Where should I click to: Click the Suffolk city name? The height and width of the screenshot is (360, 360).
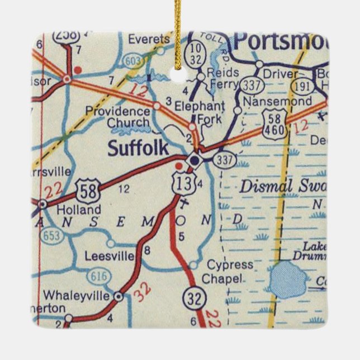click(138, 148)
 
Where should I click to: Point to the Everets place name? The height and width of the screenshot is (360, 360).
click(149, 39)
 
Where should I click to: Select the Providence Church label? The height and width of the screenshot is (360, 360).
click(117, 117)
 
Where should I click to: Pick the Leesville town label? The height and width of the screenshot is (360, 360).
click(110, 256)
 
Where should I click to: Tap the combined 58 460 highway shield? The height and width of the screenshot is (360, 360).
click(278, 125)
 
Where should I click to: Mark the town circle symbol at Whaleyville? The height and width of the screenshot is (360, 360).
click(119, 296)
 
